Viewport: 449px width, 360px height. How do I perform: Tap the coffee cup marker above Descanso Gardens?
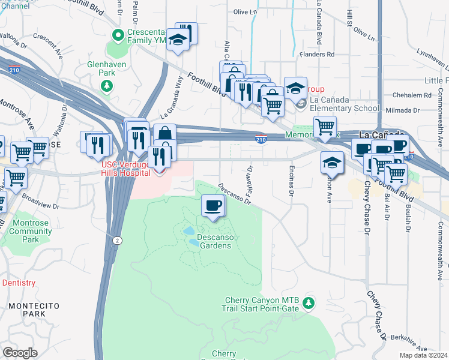[x=214, y=206]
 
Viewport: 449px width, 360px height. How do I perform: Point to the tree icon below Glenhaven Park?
[x=107, y=86]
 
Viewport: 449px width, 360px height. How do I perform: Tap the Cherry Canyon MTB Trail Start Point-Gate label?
[x=262, y=304]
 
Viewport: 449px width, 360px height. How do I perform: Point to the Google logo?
[x=20, y=353]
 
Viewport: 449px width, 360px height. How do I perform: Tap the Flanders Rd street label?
[x=319, y=54]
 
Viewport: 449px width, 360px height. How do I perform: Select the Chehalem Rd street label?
[x=412, y=95]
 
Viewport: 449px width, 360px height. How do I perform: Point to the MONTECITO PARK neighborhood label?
[x=34, y=310]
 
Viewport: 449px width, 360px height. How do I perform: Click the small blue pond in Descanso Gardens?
[x=188, y=230]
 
